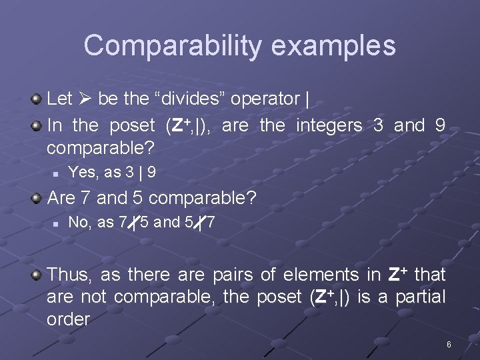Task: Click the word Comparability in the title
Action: (167, 45)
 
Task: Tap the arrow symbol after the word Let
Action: (85, 99)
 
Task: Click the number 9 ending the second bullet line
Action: (440, 125)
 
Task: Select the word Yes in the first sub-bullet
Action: (82, 173)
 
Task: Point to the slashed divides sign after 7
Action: (134, 223)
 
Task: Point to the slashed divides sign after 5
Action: (200, 223)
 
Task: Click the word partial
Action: (420, 297)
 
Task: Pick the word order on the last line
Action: (68, 319)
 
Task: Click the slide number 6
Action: (449, 345)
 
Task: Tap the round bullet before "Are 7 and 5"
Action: (37, 198)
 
